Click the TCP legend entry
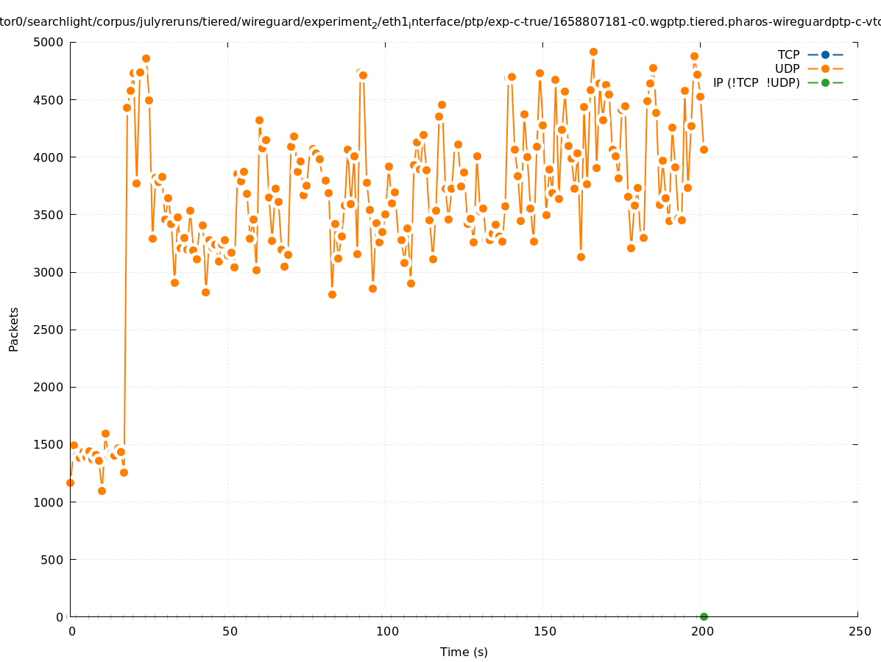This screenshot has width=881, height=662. (x=789, y=54)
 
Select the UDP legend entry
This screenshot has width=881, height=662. (x=787, y=68)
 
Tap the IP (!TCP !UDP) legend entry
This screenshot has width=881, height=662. (x=756, y=82)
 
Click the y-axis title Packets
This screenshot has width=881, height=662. (x=14, y=329)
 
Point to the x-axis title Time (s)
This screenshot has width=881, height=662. (x=464, y=652)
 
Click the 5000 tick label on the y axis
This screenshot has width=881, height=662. (x=47, y=42)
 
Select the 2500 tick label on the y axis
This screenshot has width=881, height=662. (x=47, y=330)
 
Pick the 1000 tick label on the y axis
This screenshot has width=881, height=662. (x=47, y=502)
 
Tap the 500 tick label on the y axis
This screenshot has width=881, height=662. (x=50, y=559)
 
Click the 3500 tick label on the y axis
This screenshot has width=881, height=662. (x=47, y=215)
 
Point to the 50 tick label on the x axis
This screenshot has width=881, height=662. (x=230, y=631)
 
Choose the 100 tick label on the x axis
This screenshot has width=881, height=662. (x=387, y=631)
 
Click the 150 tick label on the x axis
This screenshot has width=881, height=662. (x=545, y=631)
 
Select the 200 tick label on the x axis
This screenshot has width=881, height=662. (x=702, y=631)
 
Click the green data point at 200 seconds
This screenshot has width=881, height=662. (x=704, y=616)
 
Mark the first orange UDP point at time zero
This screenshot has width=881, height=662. (x=70, y=483)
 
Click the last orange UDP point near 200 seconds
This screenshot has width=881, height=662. (x=704, y=149)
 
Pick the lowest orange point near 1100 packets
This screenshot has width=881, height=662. (x=102, y=491)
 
